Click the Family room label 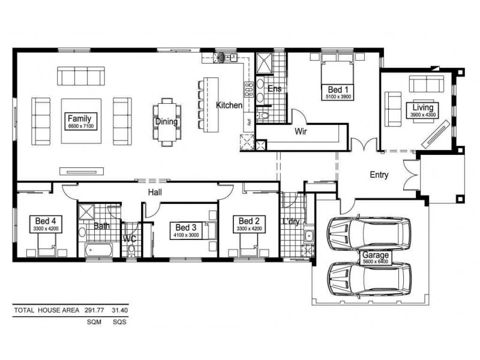pyautogui.click(x=79, y=118)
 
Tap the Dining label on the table pyautogui.click(x=166, y=122)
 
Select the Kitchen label pyautogui.click(x=229, y=105)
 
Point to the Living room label pyautogui.click(x=422, y=108)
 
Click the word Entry pyautogui.click(x=379, y=175)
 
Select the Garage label pyautogui.click(x=376, y=254)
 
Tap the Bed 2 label pyautogui.click(x=248, y=221)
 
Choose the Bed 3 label pyautogui.click(x=186, y=227)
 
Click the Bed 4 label pyautogui.click(x=46, y=221)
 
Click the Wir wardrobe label pyautogui.click(x=301, y=131)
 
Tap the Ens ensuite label pyautogui.click(x=274, y=89)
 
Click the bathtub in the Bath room pyautogui.click(x=98, y=251)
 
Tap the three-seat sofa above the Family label pyautogui.click(x=81, y=76)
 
